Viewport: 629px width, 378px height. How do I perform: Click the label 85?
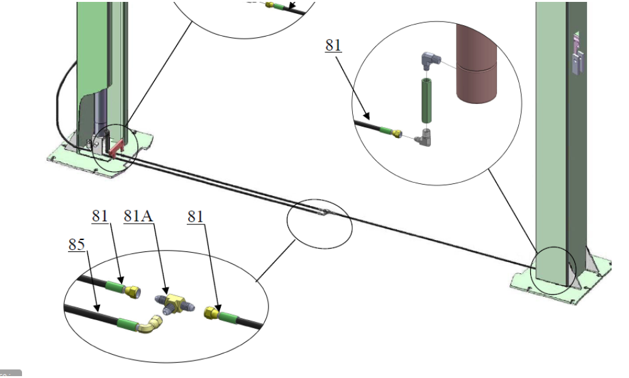coord(76,244)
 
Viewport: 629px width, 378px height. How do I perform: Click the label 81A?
coord(139,216)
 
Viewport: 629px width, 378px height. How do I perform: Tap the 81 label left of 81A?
coord(100,216)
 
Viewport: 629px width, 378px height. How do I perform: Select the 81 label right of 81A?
coord(196,216)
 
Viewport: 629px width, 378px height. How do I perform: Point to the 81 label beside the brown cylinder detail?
coord(333,45)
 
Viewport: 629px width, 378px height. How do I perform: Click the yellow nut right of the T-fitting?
coord(213,312)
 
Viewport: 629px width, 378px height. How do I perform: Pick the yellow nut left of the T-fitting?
coord(133,292)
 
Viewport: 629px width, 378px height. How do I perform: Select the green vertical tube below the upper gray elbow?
coord(427,99)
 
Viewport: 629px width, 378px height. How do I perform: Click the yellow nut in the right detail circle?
coord(396,133)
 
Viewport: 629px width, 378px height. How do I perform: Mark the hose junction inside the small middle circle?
coord(323,213)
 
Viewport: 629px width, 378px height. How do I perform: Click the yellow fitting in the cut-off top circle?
coord(270,4)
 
